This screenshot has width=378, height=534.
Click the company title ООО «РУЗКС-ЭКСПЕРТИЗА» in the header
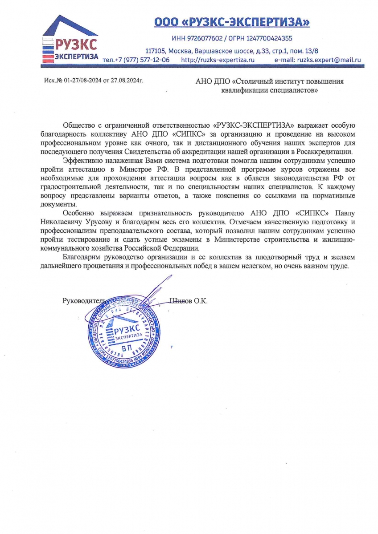[231, 22]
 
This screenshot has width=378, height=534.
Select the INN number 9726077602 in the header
[199, 38]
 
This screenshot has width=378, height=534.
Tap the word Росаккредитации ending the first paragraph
[321, 151]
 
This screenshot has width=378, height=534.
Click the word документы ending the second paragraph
[58, 204]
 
